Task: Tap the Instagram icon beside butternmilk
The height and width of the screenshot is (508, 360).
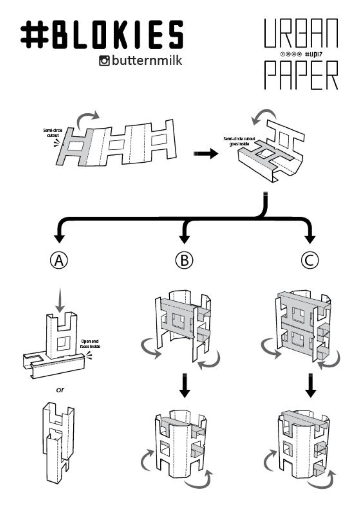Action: [x=104, y=61]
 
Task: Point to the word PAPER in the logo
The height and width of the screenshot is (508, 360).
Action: [x=301, y=75]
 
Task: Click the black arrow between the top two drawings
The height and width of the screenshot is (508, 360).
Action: [x=206, y=154]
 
